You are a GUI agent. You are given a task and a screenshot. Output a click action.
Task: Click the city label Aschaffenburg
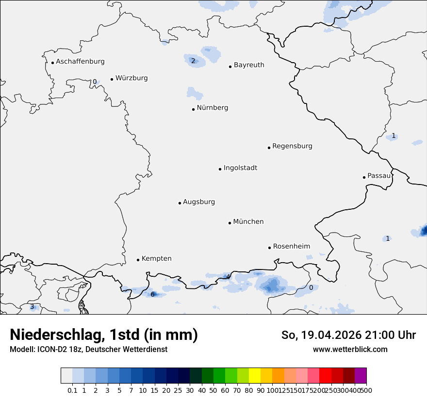[x=80, y=62]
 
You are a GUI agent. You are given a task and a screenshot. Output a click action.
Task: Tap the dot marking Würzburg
[x=112, y=79]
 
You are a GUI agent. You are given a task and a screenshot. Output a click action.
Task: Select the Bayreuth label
[x=249, y=65]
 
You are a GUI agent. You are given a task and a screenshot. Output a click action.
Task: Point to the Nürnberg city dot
[x=193, y=109]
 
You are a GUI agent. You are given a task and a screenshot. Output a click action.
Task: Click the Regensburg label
[x=292, y=146]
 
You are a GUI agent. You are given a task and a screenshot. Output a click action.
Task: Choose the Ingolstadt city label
[x=240, y=168]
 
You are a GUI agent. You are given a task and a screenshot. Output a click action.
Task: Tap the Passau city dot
[x=364, y=177]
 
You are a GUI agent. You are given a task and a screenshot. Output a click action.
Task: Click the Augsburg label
[x=199, y=202]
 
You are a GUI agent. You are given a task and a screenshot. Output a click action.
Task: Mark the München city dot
[x=230, y=223]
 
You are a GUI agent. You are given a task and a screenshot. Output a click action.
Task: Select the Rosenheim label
[x=291, y=246]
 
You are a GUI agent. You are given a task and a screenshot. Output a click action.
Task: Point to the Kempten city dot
[x=138, y=260]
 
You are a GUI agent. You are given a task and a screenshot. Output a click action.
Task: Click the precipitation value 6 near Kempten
[x=152, y=294]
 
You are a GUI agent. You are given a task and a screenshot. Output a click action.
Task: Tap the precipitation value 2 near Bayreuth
[x=193, y=61]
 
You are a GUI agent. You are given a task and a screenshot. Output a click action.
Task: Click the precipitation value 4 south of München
[x=228, y=277]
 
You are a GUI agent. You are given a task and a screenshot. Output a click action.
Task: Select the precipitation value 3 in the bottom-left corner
[x=32, y=307]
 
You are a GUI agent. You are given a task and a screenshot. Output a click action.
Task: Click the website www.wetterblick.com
[x=350, y=350]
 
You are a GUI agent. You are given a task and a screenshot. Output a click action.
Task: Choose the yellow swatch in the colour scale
[x=255, y=376]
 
